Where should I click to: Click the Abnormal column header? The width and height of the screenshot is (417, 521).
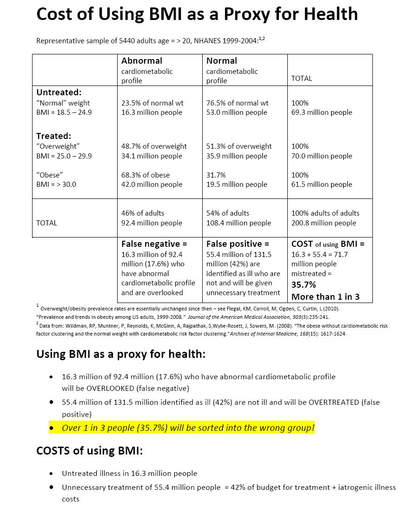click(x=142, y=61)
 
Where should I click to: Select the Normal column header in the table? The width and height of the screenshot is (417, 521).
click(x=222, y=61)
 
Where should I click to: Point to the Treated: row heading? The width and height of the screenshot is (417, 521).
click(x=53, y=136)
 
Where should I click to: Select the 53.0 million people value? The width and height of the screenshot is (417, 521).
click(x=237, y=112)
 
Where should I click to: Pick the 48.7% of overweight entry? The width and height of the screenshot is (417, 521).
click(x=154, y=146)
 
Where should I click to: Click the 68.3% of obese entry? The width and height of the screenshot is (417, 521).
click(x=146, y=175)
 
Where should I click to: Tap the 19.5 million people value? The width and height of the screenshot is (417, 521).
click(x=237, y=185)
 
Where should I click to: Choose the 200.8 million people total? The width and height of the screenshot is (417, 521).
click(x=324, y=223)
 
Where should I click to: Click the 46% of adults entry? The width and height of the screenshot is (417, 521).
click(x=143, y=213)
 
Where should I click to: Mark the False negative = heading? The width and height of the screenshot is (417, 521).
click(x=154, y=244)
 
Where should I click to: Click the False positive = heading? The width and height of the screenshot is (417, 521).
click(x=238, y=244)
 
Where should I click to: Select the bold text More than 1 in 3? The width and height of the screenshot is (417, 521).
click(x=325, y=297)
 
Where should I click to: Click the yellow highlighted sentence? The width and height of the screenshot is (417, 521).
click(x=182, y=428)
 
